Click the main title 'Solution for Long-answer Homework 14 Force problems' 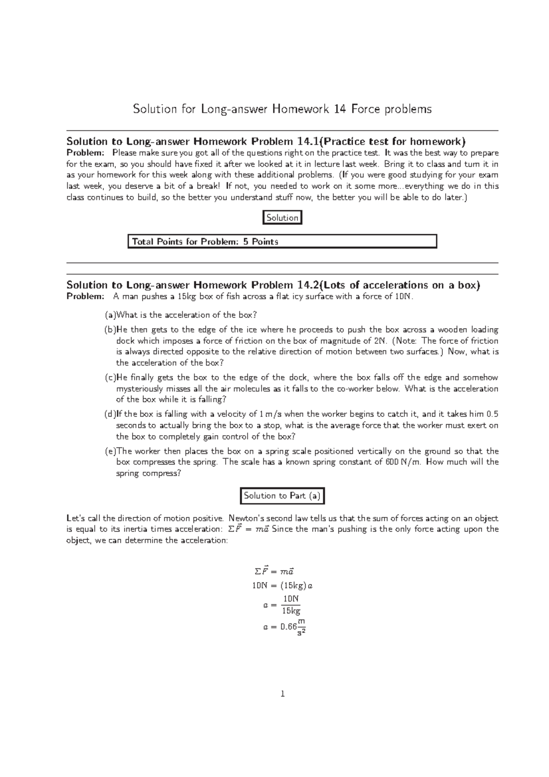point(282,109)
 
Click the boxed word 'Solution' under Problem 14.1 point(282,218)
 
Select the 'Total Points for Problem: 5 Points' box point(282,242)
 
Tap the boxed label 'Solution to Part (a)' point(282,496)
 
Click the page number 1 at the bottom point(282,694)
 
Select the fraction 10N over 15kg point(291,605)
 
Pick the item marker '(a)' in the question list point(110,315)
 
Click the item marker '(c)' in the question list point(110,378)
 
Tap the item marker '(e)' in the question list point(110,451)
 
